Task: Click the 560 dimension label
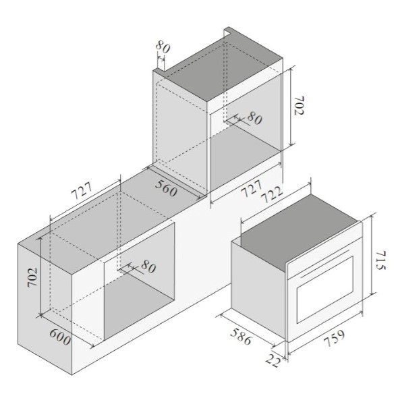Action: tap(166, 188)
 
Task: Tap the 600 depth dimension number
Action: tap(60, 337)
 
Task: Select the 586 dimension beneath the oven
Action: tap(241, 337)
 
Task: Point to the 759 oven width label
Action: tap(334, 339)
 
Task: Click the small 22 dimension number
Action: tap(273, 360)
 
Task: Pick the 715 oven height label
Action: tap(380, 260)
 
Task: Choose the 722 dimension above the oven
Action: tap(271, 195)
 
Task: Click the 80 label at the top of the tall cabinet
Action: tap(163, 47)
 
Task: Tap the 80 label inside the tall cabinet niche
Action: tap(254, 118)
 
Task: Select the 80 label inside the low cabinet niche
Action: tap(148, 266)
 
